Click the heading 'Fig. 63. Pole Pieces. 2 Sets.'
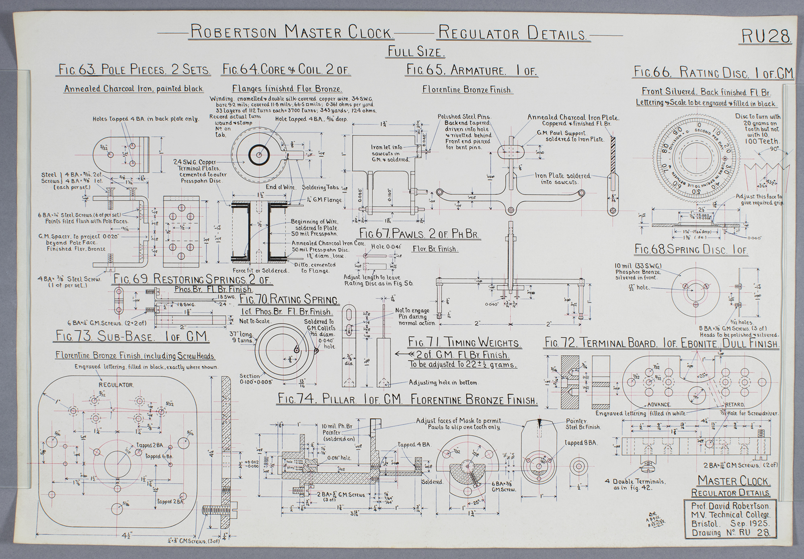133,70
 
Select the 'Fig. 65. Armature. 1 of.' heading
472,70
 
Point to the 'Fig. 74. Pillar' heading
408,399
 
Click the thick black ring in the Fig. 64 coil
258,154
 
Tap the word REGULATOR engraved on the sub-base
116,385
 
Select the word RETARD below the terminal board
734,404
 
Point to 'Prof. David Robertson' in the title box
730,506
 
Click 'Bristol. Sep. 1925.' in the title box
729,524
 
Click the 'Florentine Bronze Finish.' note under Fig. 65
467,90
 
